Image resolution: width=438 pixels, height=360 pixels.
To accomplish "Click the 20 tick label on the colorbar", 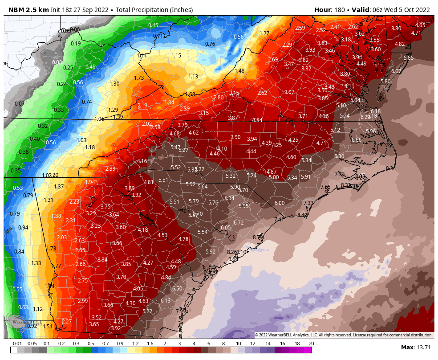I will [311, 344].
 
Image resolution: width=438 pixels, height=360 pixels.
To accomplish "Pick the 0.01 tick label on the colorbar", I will [17, 344].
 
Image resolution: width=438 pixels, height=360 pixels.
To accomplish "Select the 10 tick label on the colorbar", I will [238, 344].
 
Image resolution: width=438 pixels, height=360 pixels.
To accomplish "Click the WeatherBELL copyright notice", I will [343, 335].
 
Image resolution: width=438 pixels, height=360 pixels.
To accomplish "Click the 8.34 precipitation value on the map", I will [391, 168].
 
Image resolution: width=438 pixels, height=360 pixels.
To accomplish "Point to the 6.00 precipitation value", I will [280, 203].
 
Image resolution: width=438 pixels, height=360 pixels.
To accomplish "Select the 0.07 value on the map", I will [19, 104].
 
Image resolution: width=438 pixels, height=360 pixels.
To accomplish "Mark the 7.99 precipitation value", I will [181, 311].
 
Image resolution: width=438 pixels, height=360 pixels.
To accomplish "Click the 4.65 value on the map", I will [420, 25].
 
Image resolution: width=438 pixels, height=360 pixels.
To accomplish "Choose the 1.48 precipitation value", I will [239, 71].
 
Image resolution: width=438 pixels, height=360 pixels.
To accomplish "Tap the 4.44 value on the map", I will [251, 151].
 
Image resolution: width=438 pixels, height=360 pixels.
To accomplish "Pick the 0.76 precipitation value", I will [210, 44].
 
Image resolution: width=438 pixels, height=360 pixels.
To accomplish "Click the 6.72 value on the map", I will [239, 222].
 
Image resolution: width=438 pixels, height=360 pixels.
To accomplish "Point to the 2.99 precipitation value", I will [83, 301].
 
